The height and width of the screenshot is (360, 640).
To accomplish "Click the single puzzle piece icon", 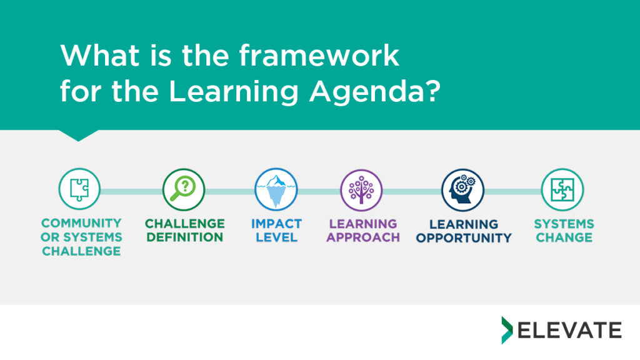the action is [x=79, y=189].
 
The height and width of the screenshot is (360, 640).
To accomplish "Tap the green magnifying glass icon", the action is [x=184, y=190].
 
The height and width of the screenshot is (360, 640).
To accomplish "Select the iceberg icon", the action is [x=276, y=189].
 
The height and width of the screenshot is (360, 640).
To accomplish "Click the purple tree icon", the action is [x=361, y=190].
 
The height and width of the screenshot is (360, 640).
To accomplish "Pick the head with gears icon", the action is [x=462, y=190].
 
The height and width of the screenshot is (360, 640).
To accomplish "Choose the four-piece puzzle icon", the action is [x=562, y=190].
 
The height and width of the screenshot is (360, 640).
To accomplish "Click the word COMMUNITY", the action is [x=82, y=223].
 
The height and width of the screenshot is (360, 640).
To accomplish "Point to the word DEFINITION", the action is [x=185, y=237].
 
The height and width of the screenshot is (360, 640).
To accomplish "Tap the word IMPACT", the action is [x=276, y=224].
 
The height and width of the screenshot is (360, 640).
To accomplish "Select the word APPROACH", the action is [x=363, y=237].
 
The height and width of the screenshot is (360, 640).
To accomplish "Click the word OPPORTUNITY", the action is [x=464, y=237].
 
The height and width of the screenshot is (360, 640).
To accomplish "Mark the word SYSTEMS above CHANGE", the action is [x=564, y=224].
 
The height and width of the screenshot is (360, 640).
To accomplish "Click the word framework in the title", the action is [x=319, y=55].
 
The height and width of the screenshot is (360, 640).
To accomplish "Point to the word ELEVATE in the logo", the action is [x=570, y=330].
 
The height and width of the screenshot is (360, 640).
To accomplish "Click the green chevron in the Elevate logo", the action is [x=506, y=330].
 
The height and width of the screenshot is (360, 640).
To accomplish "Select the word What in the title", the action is [x=99, y=55].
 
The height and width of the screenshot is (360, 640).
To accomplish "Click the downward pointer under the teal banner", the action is [x=78, y=136].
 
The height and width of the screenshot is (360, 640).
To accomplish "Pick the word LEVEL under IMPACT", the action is [x=276, y=237].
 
